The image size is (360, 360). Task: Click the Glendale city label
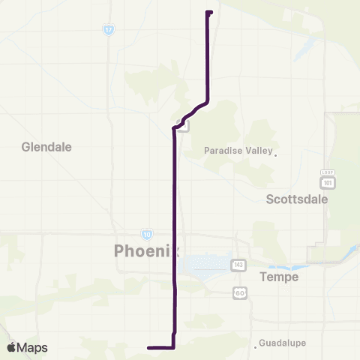coord(46,147)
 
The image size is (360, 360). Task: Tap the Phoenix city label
coord(147,250)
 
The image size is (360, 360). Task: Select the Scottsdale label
coord(297,199)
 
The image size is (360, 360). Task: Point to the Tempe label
coord(279,277)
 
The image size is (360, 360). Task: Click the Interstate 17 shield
coord(109,29)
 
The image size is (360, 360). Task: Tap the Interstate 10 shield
coord(147,234)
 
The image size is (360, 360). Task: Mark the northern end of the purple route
coord(208,12)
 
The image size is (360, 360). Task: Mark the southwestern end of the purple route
coord(149,347)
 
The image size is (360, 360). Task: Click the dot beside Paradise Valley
coord(275,156)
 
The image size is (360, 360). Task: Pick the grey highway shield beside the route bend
coord(182,123)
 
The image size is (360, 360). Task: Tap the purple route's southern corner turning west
coord(174,347)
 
